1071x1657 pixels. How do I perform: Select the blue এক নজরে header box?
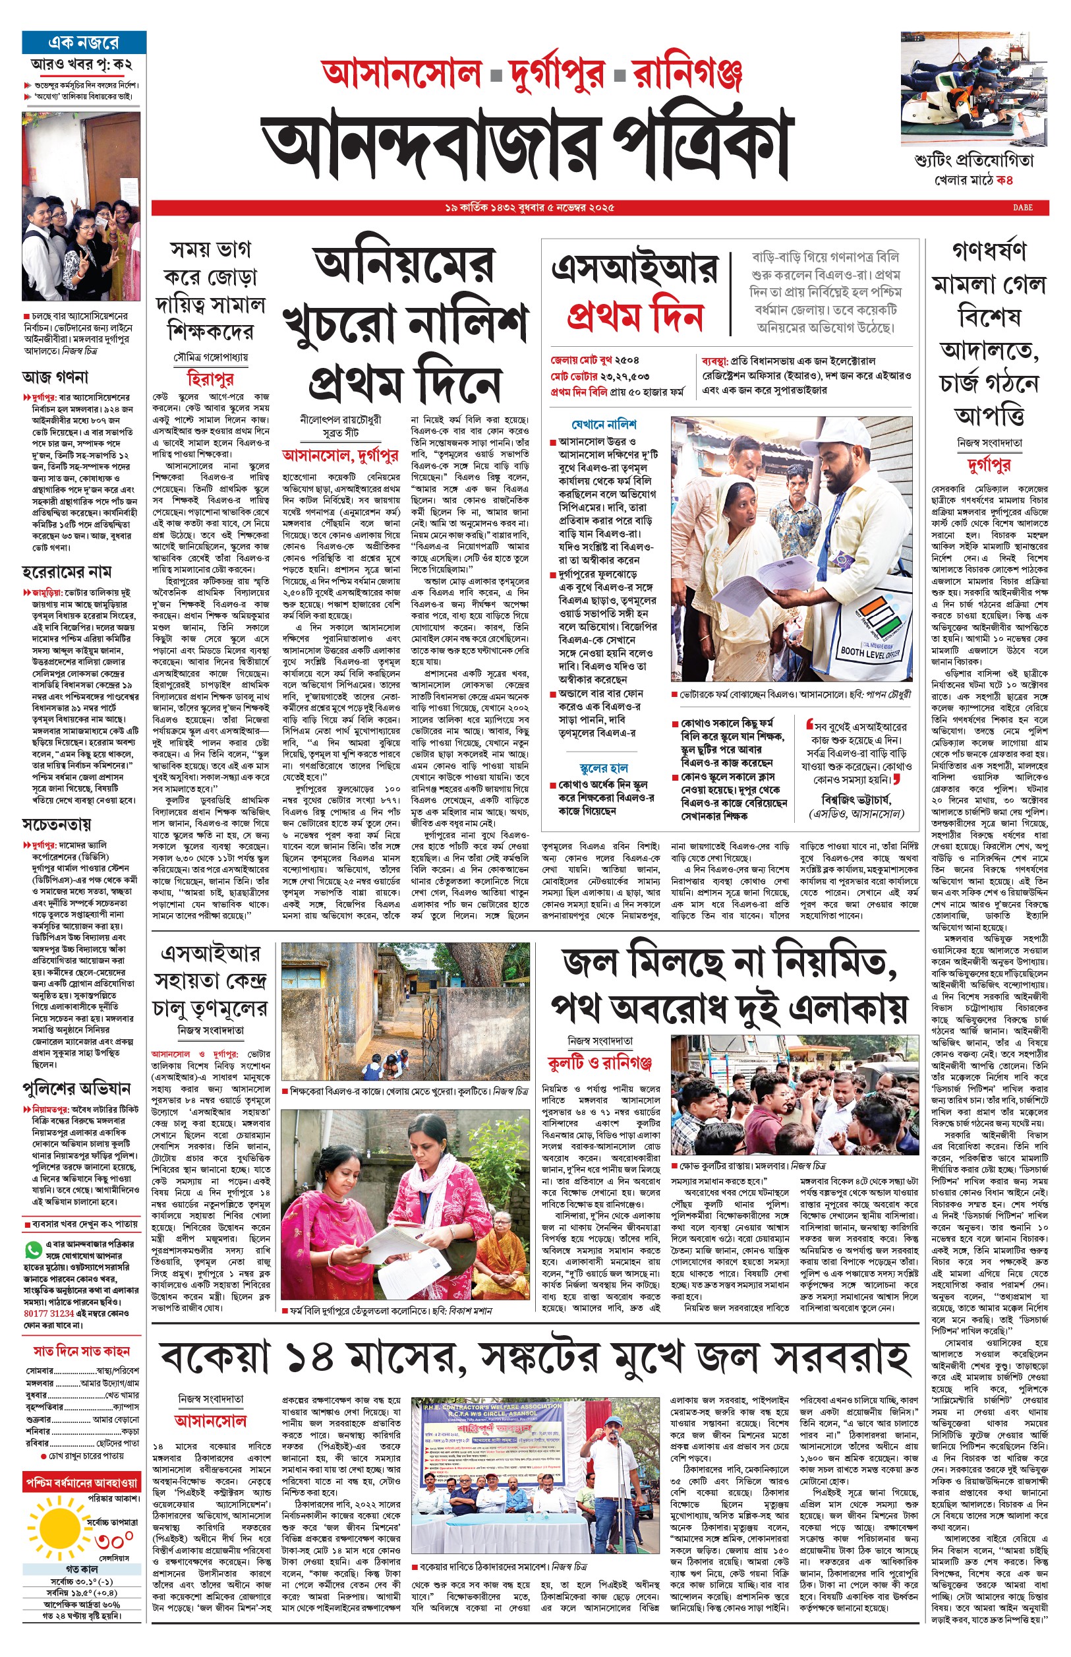[x=84, y=42]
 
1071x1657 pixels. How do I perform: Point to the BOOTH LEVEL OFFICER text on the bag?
[x=870, y=652]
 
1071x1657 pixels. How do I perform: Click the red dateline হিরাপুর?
[x=210, y=378]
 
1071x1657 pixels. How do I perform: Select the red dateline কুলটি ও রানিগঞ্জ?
[x=599, y=1062]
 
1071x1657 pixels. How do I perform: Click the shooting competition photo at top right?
[x=973, y=88]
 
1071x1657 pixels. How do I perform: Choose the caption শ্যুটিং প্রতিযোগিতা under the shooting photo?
[x=973, y=161]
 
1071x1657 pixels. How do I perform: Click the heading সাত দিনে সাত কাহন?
[x=82, y=1350]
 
